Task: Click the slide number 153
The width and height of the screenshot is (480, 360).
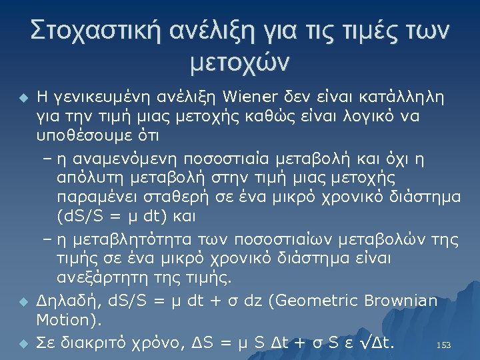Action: click(443, 345)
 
